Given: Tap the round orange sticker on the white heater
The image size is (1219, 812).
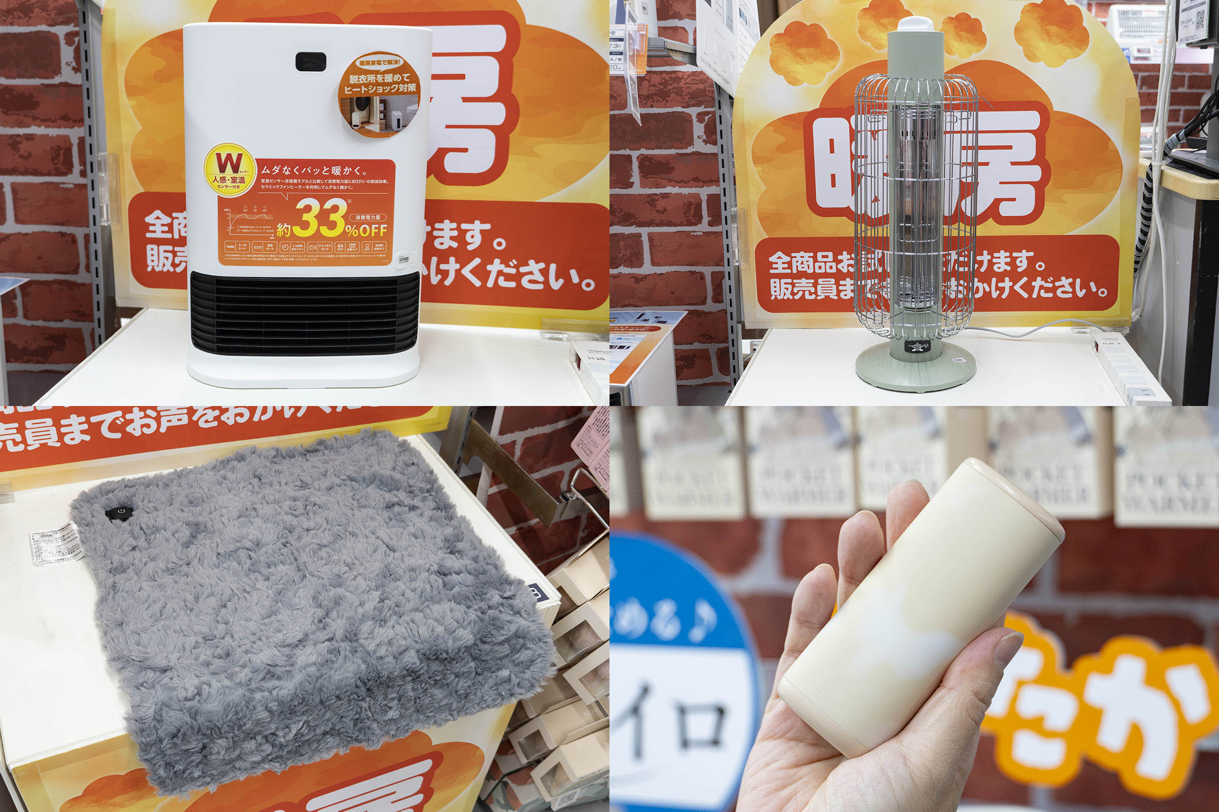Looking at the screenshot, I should point(379,94).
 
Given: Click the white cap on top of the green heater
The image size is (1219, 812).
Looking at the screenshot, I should point(916,22).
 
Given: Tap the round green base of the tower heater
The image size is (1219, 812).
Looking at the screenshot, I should point(915,370).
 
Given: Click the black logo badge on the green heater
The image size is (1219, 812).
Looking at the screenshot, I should point(917,346).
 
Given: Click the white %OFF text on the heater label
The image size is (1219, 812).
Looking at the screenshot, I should point(367,230).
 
